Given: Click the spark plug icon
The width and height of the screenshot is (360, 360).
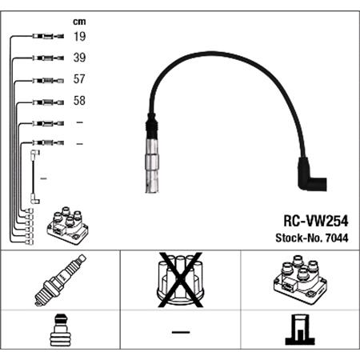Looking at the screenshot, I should [59, 282].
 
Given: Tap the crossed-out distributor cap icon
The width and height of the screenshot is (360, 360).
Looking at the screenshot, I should [179, 282].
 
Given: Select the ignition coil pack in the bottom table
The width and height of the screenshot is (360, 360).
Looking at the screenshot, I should [299, 282].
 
